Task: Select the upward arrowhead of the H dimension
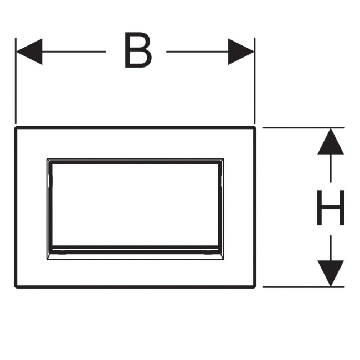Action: (331, 141)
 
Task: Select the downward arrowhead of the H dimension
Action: (331, 274)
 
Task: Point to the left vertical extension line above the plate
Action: (16, 83)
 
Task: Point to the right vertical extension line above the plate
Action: (254, 83)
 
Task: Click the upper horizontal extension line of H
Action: (302, 128)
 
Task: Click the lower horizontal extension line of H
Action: (302, 287)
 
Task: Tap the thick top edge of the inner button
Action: (136, 162)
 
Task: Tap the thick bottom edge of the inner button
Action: (136, 248)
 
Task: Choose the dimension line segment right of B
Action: (197, 52)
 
